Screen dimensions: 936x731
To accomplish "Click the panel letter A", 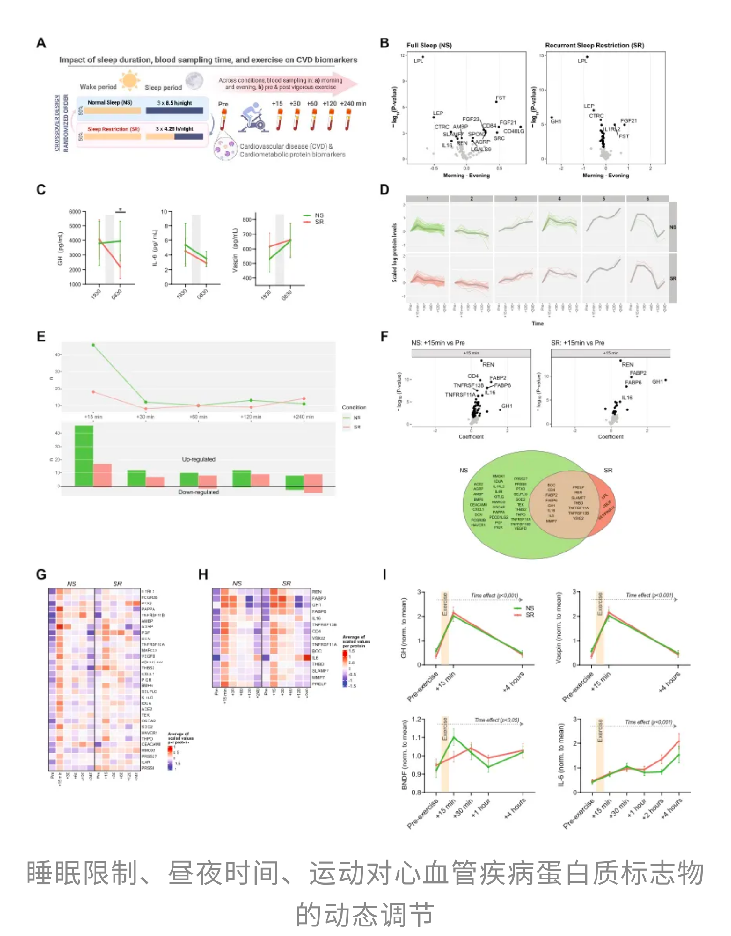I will tap(41, 43).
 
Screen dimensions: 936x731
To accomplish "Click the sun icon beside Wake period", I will tap(130, 80).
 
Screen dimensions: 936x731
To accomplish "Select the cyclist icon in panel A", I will tap(253, 118).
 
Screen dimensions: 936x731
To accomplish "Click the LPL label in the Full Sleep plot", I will tap(418, 61).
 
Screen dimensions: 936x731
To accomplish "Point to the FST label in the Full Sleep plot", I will tap(500, 98).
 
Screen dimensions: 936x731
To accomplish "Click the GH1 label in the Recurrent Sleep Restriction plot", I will tap(556, 121).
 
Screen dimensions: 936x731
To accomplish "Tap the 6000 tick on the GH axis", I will tap(75, 212).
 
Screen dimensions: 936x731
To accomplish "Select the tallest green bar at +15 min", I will tap(83, 455).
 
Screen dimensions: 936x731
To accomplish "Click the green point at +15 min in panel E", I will tap(93, 345).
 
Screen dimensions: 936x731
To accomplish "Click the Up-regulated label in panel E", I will tap(198, 459).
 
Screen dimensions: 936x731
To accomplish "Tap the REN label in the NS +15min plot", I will tap(488, 365).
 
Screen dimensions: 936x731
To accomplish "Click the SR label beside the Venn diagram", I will tap(608, 470).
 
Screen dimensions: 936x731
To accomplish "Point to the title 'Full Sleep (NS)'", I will tap(429, 45).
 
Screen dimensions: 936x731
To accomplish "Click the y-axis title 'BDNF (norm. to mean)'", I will tap(404, 755).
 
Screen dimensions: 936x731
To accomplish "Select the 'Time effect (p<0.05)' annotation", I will tap(497, 720).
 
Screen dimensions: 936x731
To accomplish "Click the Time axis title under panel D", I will tap(538, 323).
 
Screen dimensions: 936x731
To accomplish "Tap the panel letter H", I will tap(203, 575).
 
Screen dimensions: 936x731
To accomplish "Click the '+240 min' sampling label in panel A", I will tap(353, 104).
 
